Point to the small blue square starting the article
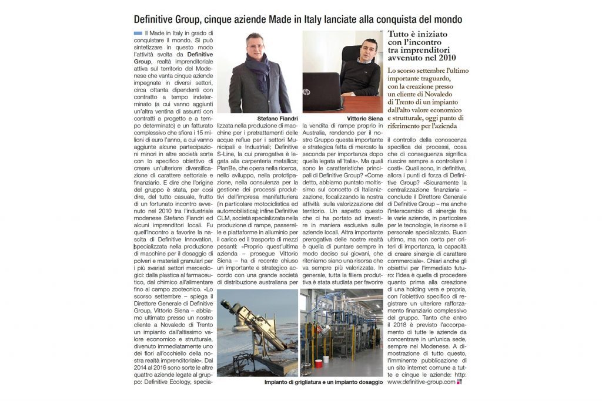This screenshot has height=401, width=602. (138, 33)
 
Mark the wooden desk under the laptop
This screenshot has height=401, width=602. (364, 105)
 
